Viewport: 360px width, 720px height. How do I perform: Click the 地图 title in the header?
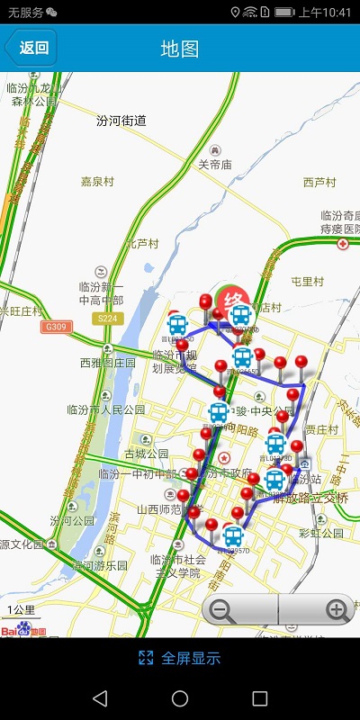coord(180,49)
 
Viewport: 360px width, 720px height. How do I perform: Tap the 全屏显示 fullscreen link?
coord(179,658)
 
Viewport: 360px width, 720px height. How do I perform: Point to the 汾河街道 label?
coord(121,121)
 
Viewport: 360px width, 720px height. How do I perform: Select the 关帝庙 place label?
coord(215,165)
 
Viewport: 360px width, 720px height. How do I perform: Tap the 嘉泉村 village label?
coord(97,181)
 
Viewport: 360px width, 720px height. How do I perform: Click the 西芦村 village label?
coord(319,182)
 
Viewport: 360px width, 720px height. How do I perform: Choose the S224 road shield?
coord(106,318)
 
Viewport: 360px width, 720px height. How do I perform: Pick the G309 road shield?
coord(56,327)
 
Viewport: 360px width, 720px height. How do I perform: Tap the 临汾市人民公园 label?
coord(106,409)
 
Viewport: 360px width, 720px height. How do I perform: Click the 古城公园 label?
coord(146,454)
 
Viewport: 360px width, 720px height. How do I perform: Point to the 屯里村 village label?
coord(308,281)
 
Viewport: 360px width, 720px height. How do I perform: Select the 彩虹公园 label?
coord(321,533)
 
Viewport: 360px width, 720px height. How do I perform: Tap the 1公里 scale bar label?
coord(20,610)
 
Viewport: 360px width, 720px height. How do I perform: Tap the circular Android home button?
coord(180,698)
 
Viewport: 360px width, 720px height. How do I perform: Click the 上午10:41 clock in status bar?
coord(325,13)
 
